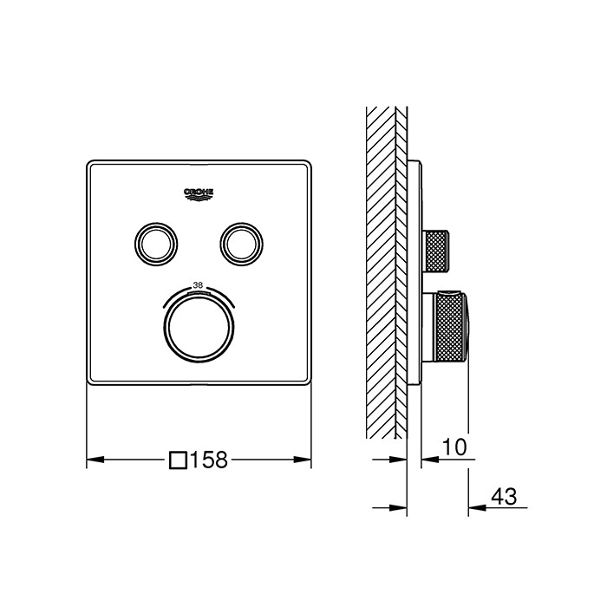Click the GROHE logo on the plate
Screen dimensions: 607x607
(x=199, y=195)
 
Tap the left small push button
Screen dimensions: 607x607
(x=156, y=245)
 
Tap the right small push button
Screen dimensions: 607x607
(x=242, y=245)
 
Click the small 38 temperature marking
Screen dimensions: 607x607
(x=198, y=285)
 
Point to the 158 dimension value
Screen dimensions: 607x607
(x=209, y=460)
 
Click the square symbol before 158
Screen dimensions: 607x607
(x=179, y=460)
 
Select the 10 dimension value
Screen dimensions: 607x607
(x=454, y=447)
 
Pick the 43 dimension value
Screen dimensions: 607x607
(x=504, y=496)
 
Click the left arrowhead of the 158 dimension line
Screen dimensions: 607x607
(x=95, y=460)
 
